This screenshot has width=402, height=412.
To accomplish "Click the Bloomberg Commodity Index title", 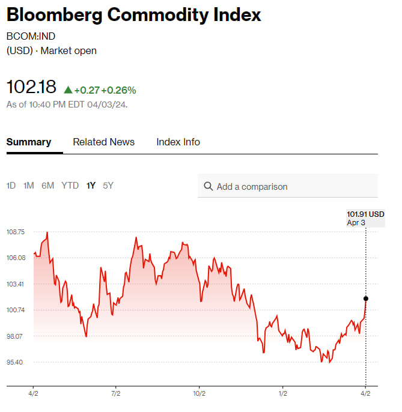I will click(x=133, y=15).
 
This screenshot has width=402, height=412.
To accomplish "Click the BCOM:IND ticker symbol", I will click(x=31, y=36).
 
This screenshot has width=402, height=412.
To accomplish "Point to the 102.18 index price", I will click(x=31, y=87).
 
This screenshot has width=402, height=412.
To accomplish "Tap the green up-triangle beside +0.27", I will click(x=68, y=90).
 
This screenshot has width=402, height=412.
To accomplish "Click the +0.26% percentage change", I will click(x=118, y=90).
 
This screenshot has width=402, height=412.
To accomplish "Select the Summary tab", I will click(x=29, y=142).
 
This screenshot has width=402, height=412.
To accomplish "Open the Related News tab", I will click(x=103, y=142).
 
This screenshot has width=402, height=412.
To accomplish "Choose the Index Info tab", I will click(x=178, y=142).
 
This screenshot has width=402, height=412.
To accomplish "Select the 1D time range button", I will click(x=11, y=186).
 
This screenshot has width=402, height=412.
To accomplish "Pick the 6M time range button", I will click(x=48, y=186).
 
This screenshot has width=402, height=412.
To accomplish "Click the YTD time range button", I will click(x=70, y=186).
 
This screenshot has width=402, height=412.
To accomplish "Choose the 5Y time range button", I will click(x=108, y=186).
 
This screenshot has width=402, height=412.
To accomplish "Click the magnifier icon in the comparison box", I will click(x=209, y=186).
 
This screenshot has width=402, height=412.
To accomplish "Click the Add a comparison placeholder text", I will click(x=252, y=187).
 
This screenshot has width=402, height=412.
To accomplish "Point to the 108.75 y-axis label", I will click(x=16, y=232).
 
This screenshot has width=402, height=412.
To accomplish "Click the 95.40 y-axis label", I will click(x=16, y=362).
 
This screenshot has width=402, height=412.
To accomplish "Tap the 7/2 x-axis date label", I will click(x=116, y=394).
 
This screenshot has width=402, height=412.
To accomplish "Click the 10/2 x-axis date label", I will click(x=199, y=394).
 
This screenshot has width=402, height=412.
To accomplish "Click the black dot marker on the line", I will click(x=366, y=298).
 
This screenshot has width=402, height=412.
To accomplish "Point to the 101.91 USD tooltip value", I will click(x=365, y=214).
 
